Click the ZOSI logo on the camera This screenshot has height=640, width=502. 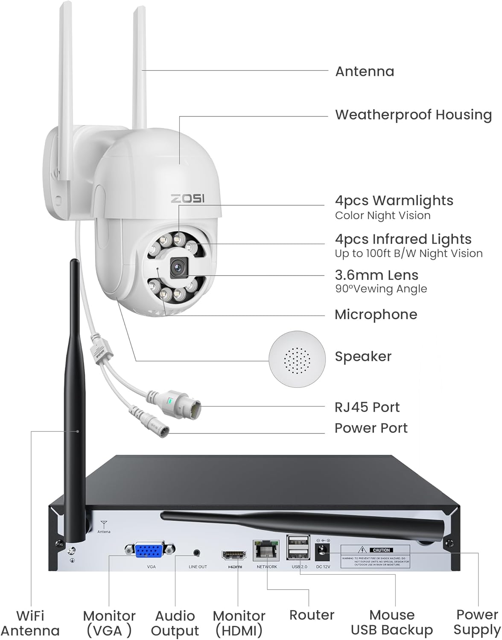[188, 199]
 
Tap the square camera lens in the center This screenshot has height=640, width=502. [178, 267]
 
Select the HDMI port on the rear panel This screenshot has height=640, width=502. [234, 555]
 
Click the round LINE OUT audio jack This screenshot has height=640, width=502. [197, 552]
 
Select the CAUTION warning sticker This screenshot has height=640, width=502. [375, 556]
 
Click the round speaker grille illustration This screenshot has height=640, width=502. [297, 357]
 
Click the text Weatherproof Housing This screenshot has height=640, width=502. [413, 114]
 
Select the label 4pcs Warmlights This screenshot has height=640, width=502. [394, 200]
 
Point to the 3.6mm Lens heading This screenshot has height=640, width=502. [376, 275]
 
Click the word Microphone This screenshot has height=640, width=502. [376, 314]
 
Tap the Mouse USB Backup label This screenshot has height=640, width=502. [391, 622]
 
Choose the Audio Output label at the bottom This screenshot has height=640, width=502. [175, 623]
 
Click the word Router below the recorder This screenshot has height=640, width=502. [312, 615]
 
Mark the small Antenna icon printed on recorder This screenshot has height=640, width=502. [103, 525]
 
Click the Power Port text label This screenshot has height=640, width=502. [371, 428]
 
